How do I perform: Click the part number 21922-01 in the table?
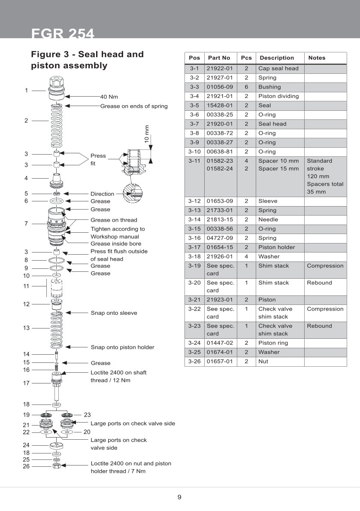(x=219, y=68)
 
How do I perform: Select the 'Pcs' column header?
(x=246, y=58)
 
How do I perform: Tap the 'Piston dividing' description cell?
(x=278, y=96)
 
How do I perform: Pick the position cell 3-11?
(x=194, y=161)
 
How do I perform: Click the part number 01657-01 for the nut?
(x=219, y=362)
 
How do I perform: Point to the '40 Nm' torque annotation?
(x=109, y=97)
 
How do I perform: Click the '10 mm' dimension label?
(x=147, y=134)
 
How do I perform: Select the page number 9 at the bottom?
(x=180, y=497)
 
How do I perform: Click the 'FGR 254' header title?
(x=63, y=33)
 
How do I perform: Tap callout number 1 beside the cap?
(x=26, y=91)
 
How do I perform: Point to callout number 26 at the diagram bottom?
(x=26, y=466)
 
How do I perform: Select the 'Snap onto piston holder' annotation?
(x=122, y=347)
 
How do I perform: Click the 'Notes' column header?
(x=317, y=58)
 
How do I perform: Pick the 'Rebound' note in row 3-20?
(x=319, y=283)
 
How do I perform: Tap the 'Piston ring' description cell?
(x=273, y=343)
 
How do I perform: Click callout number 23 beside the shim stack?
(x=88, y=415)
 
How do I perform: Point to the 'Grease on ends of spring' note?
(x=134, y=106)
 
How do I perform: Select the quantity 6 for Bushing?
(x=246, y=87)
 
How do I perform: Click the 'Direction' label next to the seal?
(x=102, y=194)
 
